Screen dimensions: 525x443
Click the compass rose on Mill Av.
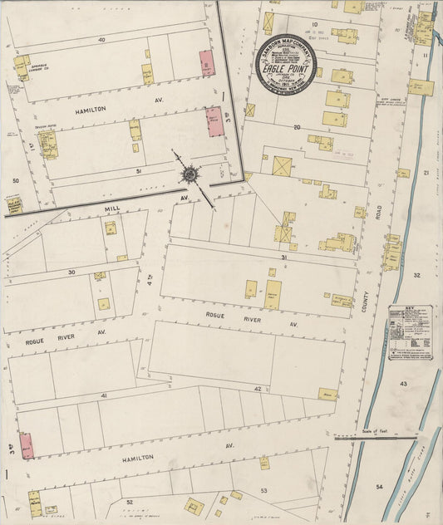[x=190, y=174]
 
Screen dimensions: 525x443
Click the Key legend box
[x=410, y=332]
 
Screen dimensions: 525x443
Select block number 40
[x=101, y=40]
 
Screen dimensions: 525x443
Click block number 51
[x=139, y=170]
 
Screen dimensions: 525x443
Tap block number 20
[x=296, y=127]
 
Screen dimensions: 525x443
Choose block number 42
[x=258, y=389]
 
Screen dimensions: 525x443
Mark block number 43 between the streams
[x=403, y=384]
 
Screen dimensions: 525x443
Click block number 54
[x=379, y=486]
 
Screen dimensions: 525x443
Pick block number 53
[x=264, y=492]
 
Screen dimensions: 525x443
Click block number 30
[x=71, y=272]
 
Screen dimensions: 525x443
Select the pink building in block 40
[x=206, y=64]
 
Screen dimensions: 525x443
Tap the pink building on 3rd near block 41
[x=27, y=445]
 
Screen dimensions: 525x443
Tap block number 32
[x=416, y=275]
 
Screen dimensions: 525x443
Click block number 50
[x=15, y=180]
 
